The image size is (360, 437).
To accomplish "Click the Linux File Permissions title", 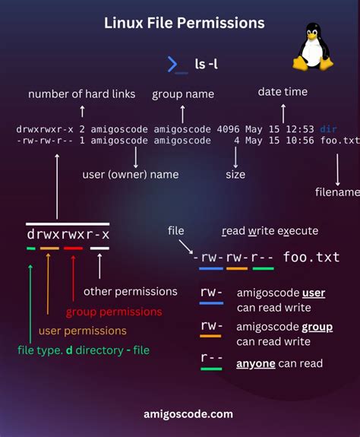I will point(185,24).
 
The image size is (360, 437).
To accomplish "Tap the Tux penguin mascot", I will point(312,49).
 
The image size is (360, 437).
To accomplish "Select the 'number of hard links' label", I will point(82,94).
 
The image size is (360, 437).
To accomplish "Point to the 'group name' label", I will point(183,94).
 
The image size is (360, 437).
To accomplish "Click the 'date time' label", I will point(283,91).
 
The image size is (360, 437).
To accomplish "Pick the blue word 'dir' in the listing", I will point(328,129).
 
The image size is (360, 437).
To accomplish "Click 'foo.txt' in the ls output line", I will point(339,141).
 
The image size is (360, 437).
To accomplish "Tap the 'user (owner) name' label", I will point(131,174).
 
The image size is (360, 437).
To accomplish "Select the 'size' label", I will point(235,174).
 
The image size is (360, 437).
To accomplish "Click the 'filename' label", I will point(336,192).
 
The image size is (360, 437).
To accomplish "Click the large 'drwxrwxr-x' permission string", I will point(68,234).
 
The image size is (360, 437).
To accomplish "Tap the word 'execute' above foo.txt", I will point(298,230).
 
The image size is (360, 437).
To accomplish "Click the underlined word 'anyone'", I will point(256,364).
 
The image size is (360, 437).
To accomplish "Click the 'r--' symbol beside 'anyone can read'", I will point(211,357).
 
